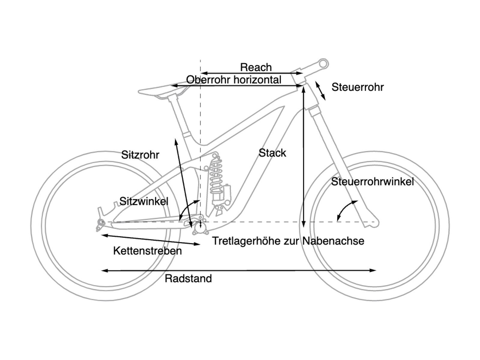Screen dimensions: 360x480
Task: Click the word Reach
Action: point(256,67)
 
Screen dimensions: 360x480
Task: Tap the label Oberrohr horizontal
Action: point(234,80)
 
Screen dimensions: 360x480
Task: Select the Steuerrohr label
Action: point(358,87)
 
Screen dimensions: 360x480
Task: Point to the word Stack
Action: point(272,153)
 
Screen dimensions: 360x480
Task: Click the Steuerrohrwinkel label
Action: point(372,181)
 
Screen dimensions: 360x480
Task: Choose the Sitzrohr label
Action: point(140,155)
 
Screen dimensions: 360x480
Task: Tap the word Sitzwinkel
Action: point(144,201)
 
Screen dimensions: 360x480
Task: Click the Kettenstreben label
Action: point(148,251)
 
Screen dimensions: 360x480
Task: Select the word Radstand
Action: point(188,279)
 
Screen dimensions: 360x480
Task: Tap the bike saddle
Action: point(162,90)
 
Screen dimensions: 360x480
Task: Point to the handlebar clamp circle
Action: point(323,64)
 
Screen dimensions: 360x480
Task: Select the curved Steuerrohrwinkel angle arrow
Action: point(345,210)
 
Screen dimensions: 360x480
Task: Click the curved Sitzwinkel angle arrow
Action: point(187,208)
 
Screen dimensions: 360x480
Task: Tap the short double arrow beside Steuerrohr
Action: point(320,90)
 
